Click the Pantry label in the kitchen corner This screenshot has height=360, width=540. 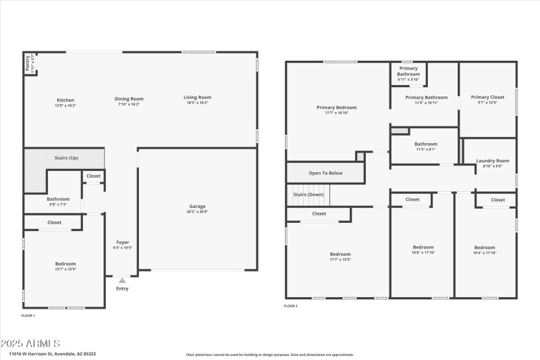click(x=28, y=62)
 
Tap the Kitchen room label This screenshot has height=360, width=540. click(x=65, y=100)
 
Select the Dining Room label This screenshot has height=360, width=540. click(x=128, y=99)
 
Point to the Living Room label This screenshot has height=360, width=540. click(x=197, y=97)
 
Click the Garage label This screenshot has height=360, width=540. click(x=197, y=207)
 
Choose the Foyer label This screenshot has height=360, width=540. click(x=122, y=242)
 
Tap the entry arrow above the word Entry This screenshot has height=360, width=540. click(x=122, y=280)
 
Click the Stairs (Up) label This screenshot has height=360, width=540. click(x=66, y=158)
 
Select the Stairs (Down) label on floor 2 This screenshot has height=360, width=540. click(x=308, y=195)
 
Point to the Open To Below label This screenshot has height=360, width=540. click(x=325, y=173)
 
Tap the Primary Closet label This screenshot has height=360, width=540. click(x=487, y=97)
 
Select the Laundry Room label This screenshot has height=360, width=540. click(x=493, y=161)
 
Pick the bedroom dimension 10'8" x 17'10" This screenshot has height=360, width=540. click(x=423, y=253)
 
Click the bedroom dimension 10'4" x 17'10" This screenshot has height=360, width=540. click(x=485, y=253)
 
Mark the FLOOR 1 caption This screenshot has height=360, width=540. click(x=28, y=315)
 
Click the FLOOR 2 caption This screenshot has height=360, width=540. click(x=290, y=306)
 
